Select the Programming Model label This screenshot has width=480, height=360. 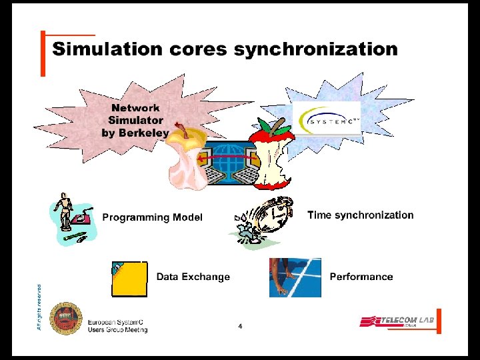152,217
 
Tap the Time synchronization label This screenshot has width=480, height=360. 360,215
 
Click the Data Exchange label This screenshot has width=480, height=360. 193,277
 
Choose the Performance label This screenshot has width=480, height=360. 361,277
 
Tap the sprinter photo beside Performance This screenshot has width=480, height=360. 295,277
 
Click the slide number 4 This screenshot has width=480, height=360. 240,326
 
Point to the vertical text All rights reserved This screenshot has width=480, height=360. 40,307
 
